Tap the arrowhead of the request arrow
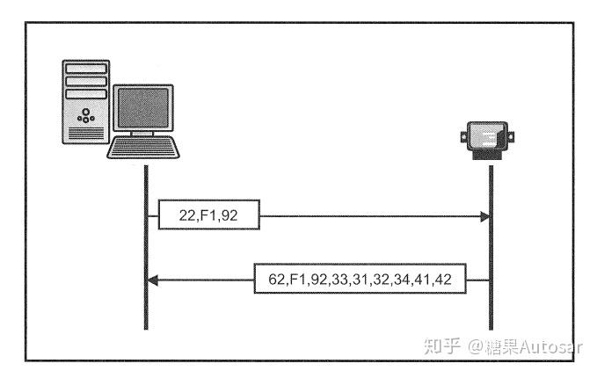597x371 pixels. coord(484,215)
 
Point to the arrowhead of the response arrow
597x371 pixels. coord(152,280)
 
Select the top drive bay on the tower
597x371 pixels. coord(86,67)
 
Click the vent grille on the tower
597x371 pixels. coord(85,135)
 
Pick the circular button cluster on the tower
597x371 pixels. coord(85,114)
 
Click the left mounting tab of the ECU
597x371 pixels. coord(465,136)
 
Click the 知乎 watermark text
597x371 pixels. coord(441,346)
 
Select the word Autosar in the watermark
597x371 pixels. coord(553,346)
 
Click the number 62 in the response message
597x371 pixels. coord(276,280)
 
